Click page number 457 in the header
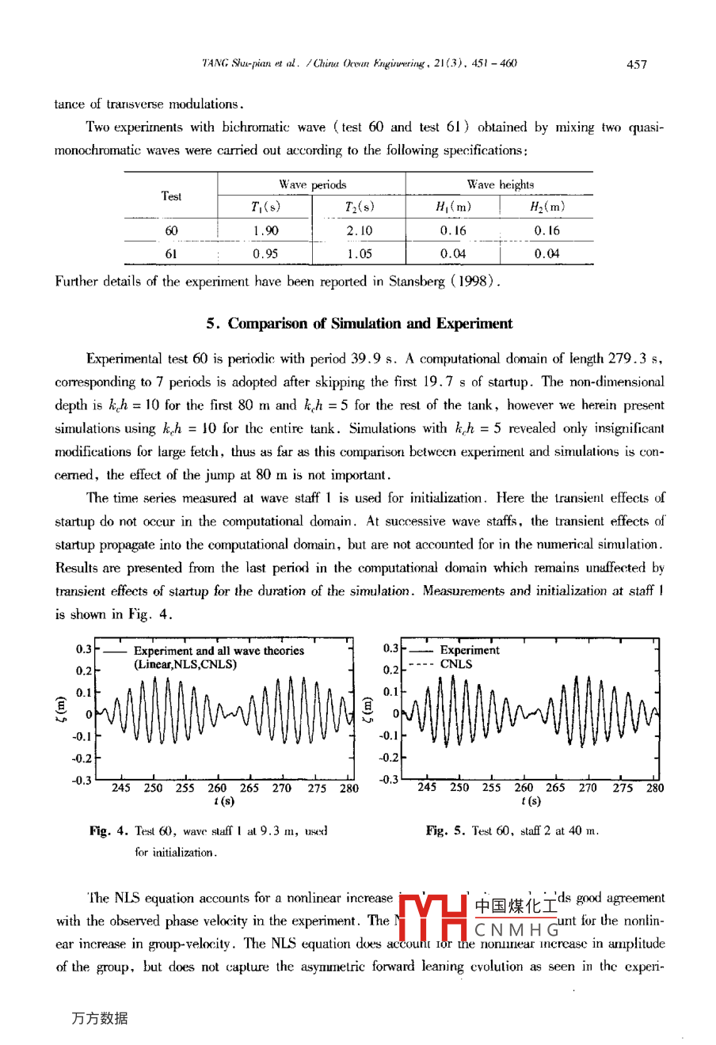(x=636, y=64)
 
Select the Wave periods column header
(x=312, y=184)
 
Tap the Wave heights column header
(x=500, y=184)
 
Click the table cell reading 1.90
(x=265, y=231)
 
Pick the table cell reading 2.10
(x=359, y=231)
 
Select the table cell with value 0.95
(x=265, y=254)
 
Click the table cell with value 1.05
(x=359, y=254)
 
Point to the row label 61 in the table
(x=171, y=254)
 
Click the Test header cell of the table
(x=171, y=196)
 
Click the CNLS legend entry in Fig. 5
(x=455, y=664)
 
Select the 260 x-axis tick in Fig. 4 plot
(x=217, y=788)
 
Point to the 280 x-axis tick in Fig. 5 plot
(x=655, y=788)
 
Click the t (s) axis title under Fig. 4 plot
(x=224, y=801)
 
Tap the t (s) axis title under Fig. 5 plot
(x=531, y=801)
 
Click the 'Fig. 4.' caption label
(x=109, y=831)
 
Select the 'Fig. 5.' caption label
(x=445, y=831)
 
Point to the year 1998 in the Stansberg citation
(x=474, y=281)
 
